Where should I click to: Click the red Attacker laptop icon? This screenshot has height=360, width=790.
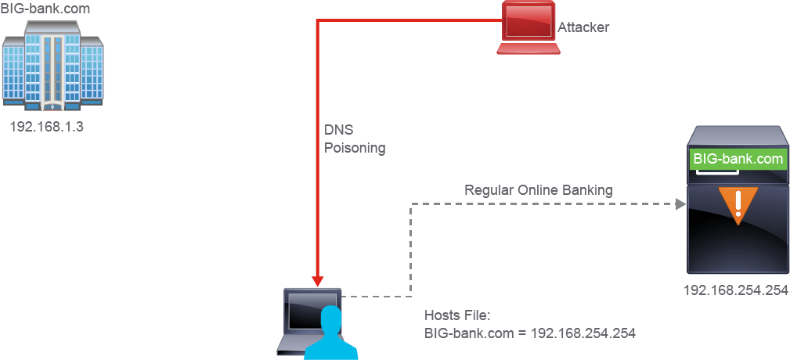click(528, 27)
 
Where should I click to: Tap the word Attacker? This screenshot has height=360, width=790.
click(583, 27)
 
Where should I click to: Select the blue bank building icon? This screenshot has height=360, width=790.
click(52, 66)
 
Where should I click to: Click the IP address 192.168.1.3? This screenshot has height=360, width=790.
click(46, 126)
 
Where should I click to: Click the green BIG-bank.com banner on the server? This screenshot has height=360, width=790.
click(738, 159)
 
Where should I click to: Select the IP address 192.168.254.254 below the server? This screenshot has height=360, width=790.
click(736, 290)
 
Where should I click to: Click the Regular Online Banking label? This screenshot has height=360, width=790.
click(539, 190)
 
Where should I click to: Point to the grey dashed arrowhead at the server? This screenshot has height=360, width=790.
click(680, 204)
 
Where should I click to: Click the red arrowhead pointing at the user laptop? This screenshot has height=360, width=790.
click(317, 281)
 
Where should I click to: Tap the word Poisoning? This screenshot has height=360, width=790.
click(354, 149)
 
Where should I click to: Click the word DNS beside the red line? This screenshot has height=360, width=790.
click(338, 130)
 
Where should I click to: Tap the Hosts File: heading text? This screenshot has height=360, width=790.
click(457, 315)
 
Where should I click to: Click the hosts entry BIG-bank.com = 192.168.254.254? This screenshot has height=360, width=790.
click(530, 333)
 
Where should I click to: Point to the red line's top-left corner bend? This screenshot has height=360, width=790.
click(317, 20)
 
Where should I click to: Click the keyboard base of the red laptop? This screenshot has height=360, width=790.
click(528, 49)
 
